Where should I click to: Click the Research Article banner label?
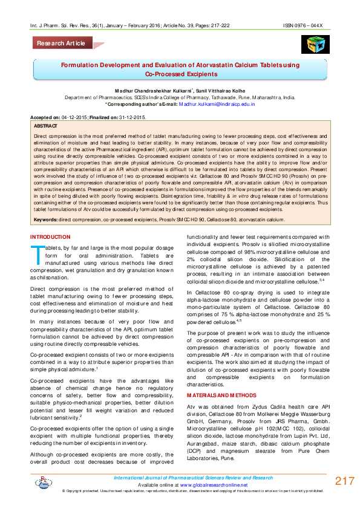61,44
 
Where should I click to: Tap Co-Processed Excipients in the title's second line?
180,74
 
